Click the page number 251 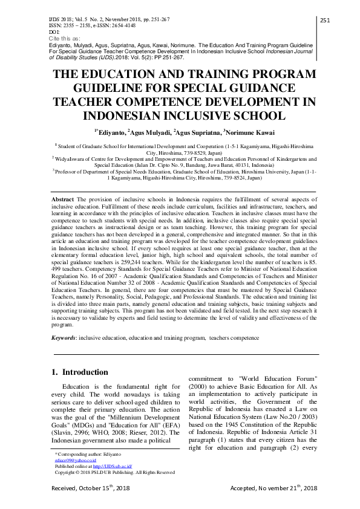tap(324, 21)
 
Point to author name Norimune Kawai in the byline tap(252, 132)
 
